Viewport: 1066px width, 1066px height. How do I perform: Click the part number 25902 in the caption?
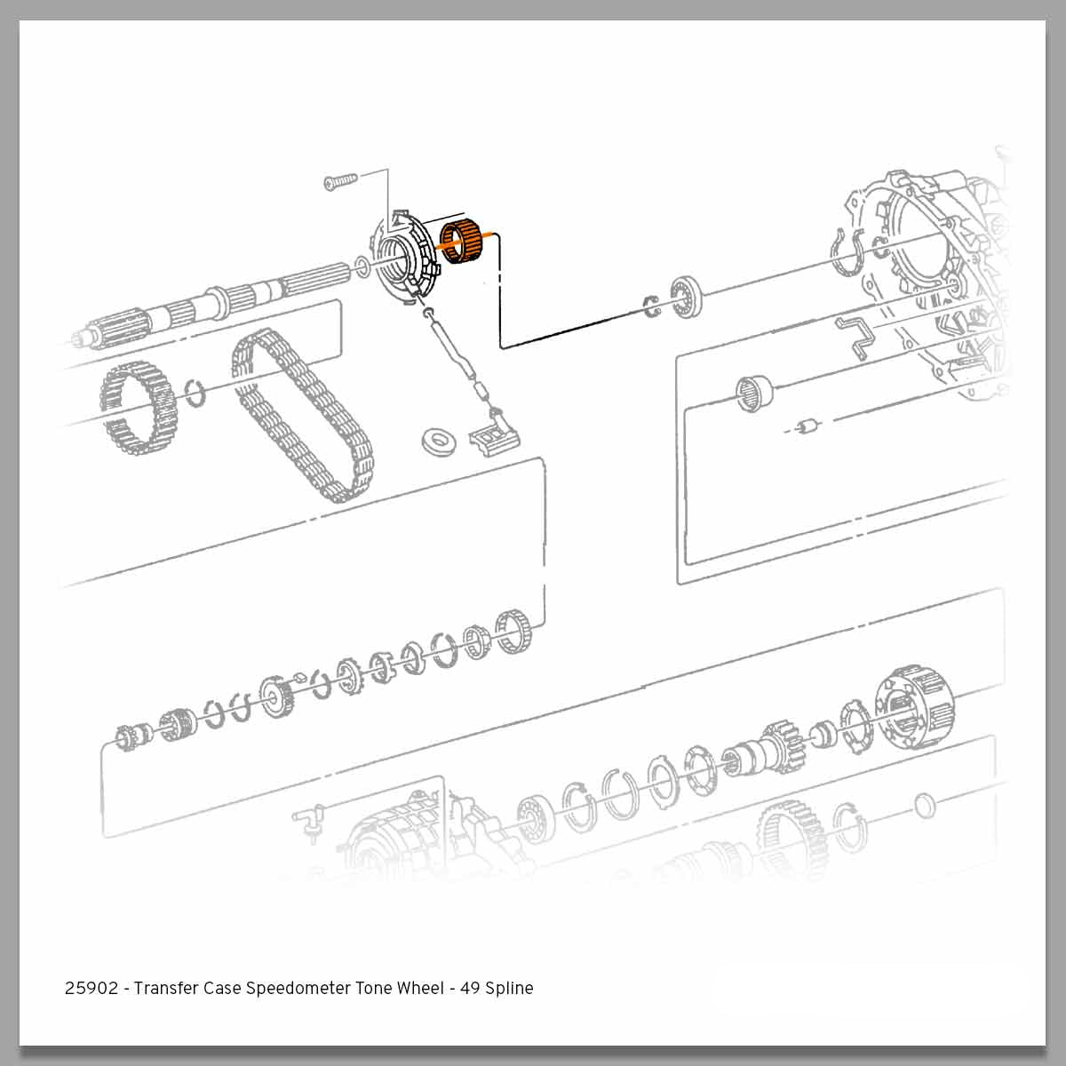click(91, 988)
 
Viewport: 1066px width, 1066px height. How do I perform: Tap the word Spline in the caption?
click(509, 988)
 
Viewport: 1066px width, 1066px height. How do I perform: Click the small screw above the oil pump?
click(338, 182)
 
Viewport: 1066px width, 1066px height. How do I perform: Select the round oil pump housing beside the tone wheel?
click(404, 258)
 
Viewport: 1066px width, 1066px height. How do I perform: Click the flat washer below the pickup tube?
click(436, 438)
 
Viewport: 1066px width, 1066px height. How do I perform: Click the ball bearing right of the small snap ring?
click(687, 295)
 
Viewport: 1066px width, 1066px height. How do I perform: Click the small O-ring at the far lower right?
click(924, 806)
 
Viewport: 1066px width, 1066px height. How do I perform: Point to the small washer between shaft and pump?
click(362, 265)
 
